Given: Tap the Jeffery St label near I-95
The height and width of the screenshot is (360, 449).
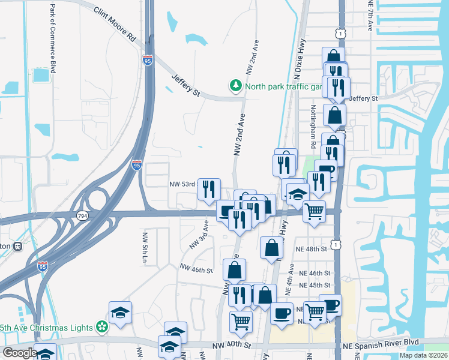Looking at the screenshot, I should click(x=185, y=84).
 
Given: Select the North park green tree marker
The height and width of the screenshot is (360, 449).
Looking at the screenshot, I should click(x=236, y=86).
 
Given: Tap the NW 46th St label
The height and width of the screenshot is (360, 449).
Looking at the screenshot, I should click(x=196, y=270).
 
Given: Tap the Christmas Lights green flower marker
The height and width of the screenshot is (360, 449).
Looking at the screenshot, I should click(x=103, y=327).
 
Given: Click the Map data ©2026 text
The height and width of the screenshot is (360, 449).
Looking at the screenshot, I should click(x=424, y=355).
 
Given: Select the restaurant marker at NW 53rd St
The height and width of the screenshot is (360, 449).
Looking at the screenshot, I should click(x=208, y=189).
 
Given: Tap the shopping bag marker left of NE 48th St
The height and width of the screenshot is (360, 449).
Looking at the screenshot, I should click(x=271, y=247).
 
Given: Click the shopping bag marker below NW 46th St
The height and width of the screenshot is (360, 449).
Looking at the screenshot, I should click(x=234, y=269).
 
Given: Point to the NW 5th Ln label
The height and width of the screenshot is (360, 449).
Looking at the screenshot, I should click(x=144, y=246).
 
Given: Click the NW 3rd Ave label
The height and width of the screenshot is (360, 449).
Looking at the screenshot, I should click(x=199, y=234).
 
